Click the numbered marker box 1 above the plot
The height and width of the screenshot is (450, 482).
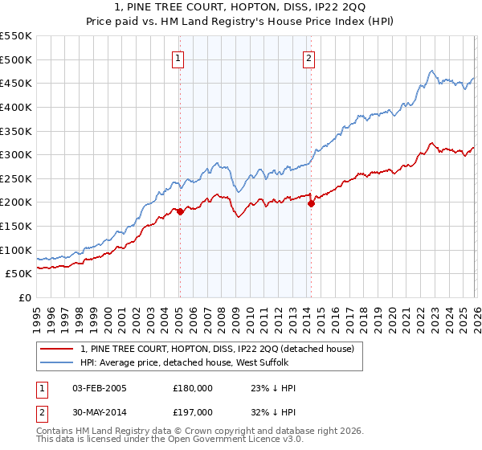click(x=178, y=57)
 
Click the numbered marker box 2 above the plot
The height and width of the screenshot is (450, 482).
click(x=309, y=57)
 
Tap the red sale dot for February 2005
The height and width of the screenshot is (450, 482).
click(x=180, y=211)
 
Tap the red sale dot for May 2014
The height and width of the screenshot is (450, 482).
click(x=311, y=203)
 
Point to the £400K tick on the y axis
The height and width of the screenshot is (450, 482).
click(x=15, y=107)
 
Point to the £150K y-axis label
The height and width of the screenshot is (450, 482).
click(x=15, y=226)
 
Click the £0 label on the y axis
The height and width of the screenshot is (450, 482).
click(x=23, y=297)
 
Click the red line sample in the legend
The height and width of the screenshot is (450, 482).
click(x=57, y=349)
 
